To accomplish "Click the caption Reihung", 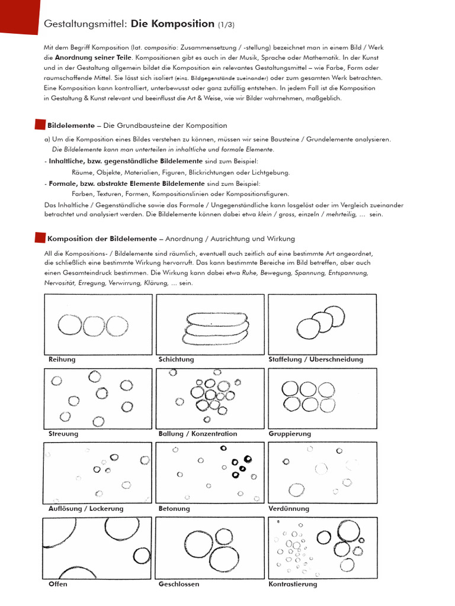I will [x=62, y=359].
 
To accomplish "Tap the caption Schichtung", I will [x=176, y=359].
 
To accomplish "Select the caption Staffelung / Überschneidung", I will [x=316, y=359].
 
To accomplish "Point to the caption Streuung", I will [x=63, y=434].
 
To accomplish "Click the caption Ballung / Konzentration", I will [x=198, y=434].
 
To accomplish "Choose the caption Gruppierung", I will [x=290, y=434].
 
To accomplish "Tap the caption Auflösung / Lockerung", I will [x=86, y=508].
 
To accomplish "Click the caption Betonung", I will [x=174, y=508].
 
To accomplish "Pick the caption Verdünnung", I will [x=289, y=508].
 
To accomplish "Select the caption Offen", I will [x=58, y=584].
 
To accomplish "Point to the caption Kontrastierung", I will [x=293, y=584].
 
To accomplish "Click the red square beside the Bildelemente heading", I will [x=40, y=125].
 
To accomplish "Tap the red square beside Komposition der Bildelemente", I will [x=40, y=238].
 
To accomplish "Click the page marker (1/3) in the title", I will [x=226, y=24].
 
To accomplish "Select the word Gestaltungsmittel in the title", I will [x=85, y=24].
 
